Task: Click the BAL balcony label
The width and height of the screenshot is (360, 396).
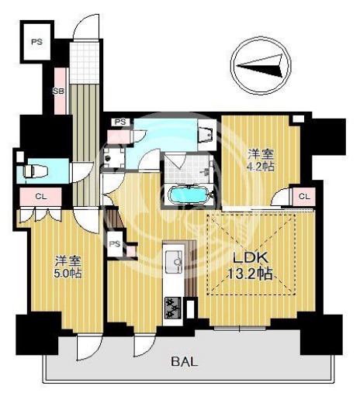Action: point(185,362)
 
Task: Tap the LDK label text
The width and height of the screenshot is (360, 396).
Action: point(251,258)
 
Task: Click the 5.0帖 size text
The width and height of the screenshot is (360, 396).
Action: point(68,273)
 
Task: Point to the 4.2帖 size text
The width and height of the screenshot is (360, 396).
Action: point(261,167)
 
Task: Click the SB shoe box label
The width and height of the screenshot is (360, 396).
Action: point(58,91)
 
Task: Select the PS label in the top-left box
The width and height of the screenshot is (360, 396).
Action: point(37,42)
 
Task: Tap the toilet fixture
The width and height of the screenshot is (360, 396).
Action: point(36,171)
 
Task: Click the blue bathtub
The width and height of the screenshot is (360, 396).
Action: point(188,195)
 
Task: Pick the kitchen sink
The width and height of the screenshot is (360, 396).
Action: point(174,261)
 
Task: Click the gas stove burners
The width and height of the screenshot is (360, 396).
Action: point(173,308)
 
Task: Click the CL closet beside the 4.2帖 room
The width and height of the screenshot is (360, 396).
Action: point(304,196)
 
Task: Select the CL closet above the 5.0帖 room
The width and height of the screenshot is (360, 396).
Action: point(40,197)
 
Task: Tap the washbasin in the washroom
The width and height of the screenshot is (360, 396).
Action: point(206,134)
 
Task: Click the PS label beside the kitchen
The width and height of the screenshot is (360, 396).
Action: point(115,243)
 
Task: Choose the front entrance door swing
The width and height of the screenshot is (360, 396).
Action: point(86,27)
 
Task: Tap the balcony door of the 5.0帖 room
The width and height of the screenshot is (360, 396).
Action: point(88,347)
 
